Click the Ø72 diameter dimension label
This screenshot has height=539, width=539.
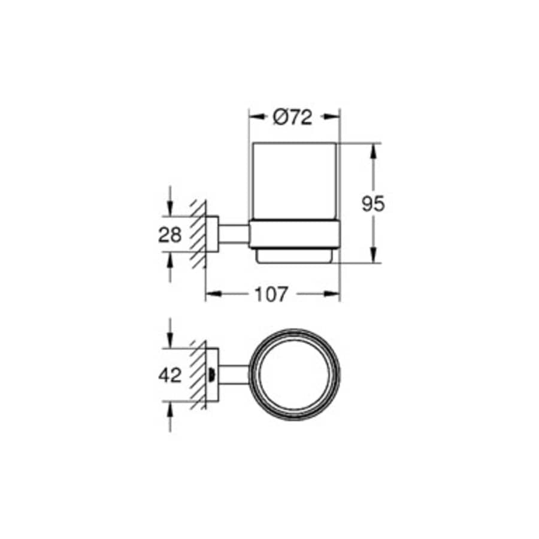click(x=293, y=118)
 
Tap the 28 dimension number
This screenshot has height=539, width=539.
click(x=169, y=234)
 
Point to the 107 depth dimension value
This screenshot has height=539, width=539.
click(x=272, y=293)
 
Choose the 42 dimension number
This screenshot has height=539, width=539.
click(x=169, y=376)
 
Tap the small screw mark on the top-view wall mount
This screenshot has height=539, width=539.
click(x=210, y=375)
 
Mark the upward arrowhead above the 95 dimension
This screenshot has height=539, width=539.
click(x=374, y=150)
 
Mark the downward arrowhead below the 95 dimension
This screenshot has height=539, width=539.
click(x=374, y=256)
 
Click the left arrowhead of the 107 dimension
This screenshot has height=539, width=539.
click(x=213, y=293)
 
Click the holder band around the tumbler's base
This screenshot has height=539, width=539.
click(x=294, y=234)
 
